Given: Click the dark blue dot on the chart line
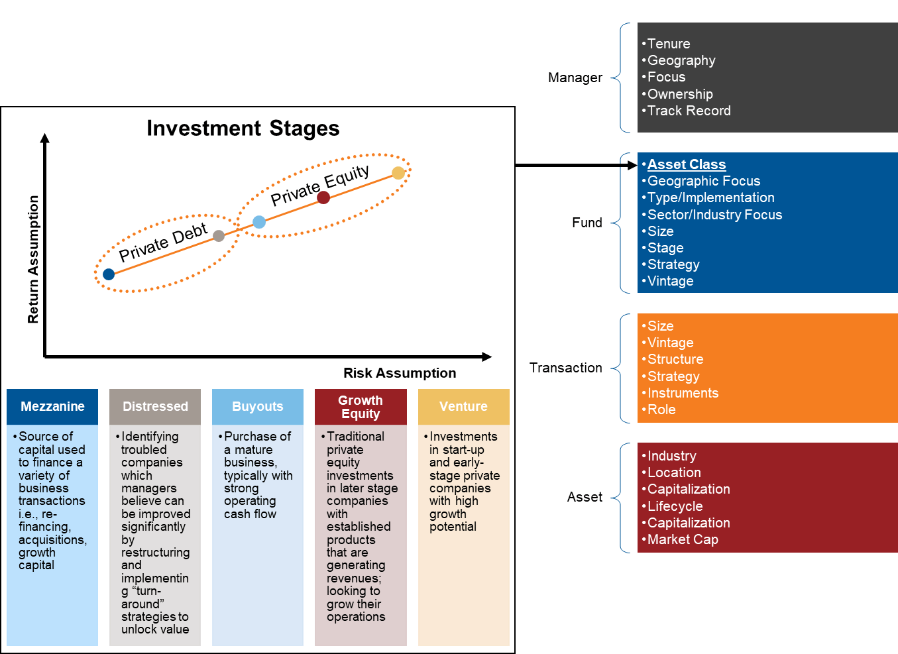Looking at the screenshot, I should click(109, 274).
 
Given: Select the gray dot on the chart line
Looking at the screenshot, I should click(219, 235).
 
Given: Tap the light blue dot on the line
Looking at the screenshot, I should click(259, 222).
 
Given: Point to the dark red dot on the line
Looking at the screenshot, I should click(323, 197).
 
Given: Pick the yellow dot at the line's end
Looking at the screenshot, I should click(398, 173).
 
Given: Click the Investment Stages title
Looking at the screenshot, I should click(243, 128).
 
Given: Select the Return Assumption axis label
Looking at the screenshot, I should click(33, 259).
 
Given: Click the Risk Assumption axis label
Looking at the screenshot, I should click(400, 373).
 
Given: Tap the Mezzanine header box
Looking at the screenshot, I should click(52, 406).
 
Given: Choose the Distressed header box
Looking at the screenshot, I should click(155, 406).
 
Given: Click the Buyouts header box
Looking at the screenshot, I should click(258, 406).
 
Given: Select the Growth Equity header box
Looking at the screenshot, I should click(361, 407).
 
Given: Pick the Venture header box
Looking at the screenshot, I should click(463, 406).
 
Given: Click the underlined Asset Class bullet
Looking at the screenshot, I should click(687, 164).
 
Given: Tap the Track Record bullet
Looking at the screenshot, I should click(689, 111).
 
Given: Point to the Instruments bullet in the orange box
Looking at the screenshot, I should click(683, 393).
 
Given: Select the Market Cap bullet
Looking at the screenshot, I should click(683, 539).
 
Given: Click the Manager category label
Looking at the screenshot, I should click(575, 78).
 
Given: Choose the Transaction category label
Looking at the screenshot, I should click(566, 368).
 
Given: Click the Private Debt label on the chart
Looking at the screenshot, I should click(163, 243).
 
